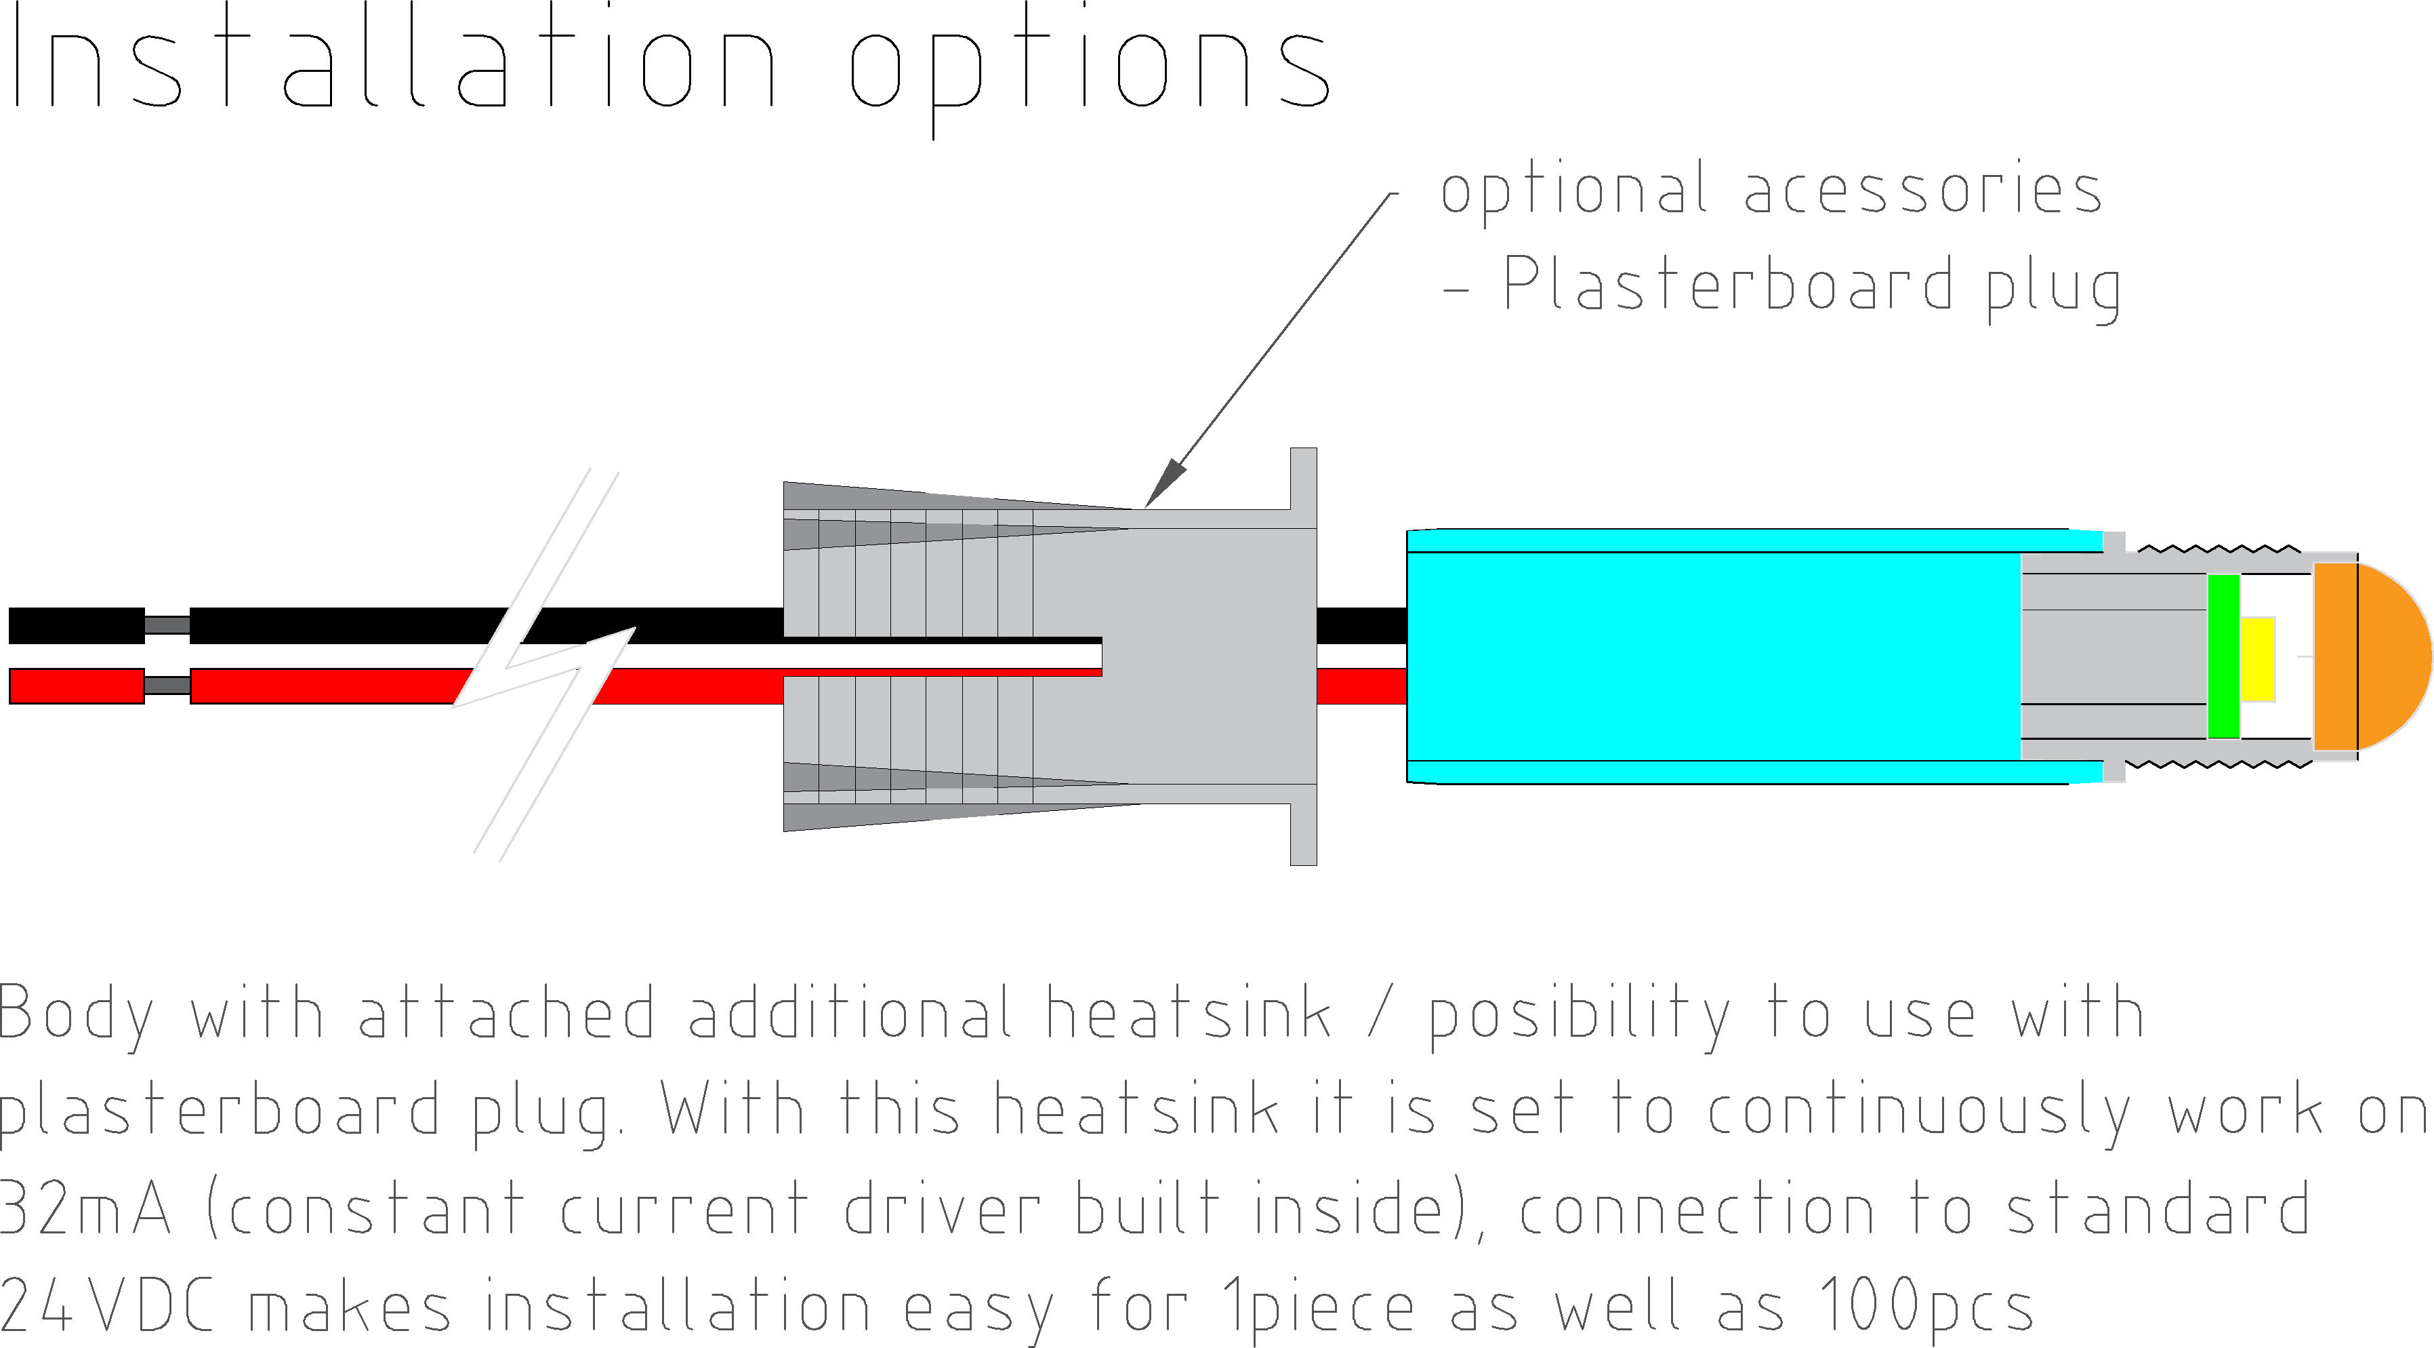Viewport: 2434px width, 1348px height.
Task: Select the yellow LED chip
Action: point(2257,659)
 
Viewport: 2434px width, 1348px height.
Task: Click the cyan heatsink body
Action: point(1710,656)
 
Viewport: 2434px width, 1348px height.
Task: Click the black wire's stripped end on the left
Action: point(76,626)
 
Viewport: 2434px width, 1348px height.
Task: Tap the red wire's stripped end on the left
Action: point(76,686)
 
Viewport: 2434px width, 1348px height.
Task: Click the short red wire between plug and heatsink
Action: point(1361,686)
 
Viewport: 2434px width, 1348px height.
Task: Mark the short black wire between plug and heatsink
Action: point(1361,626)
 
